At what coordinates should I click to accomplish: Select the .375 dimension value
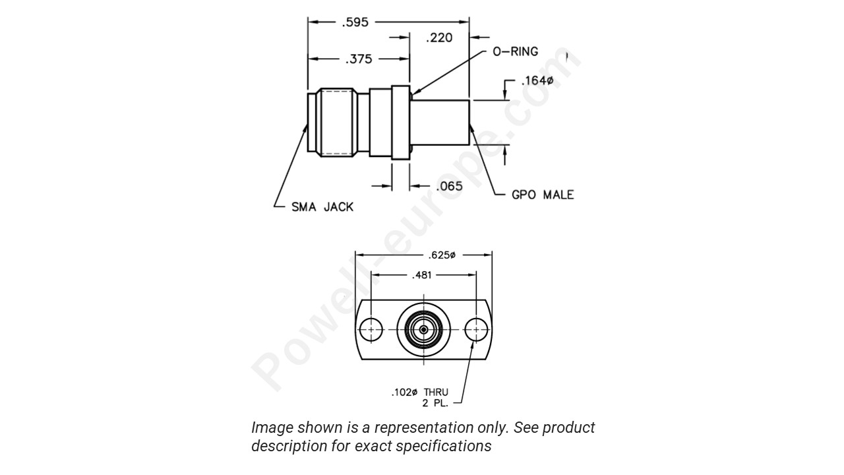click(x=359, y=59)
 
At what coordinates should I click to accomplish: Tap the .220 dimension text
click(x=439, y=38)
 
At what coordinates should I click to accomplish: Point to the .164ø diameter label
click(x=537, y=81)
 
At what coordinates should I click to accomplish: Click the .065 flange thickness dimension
click(x=450, y=186)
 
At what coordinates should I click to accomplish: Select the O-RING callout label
click(x=515, y=51)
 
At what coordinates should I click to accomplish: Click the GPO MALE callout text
click(x=542, y=195)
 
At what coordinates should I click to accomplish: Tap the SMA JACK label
click(x=322, y=206)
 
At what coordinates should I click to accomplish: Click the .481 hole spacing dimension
click(x=422, y=275)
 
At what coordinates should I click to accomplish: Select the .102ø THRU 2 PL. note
click(x=420, y=397)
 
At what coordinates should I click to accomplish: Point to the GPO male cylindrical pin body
click(x=440, y=122)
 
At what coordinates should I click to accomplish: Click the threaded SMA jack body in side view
click(x=338, y=123)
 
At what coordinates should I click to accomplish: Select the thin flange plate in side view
click(x=400, y=122)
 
